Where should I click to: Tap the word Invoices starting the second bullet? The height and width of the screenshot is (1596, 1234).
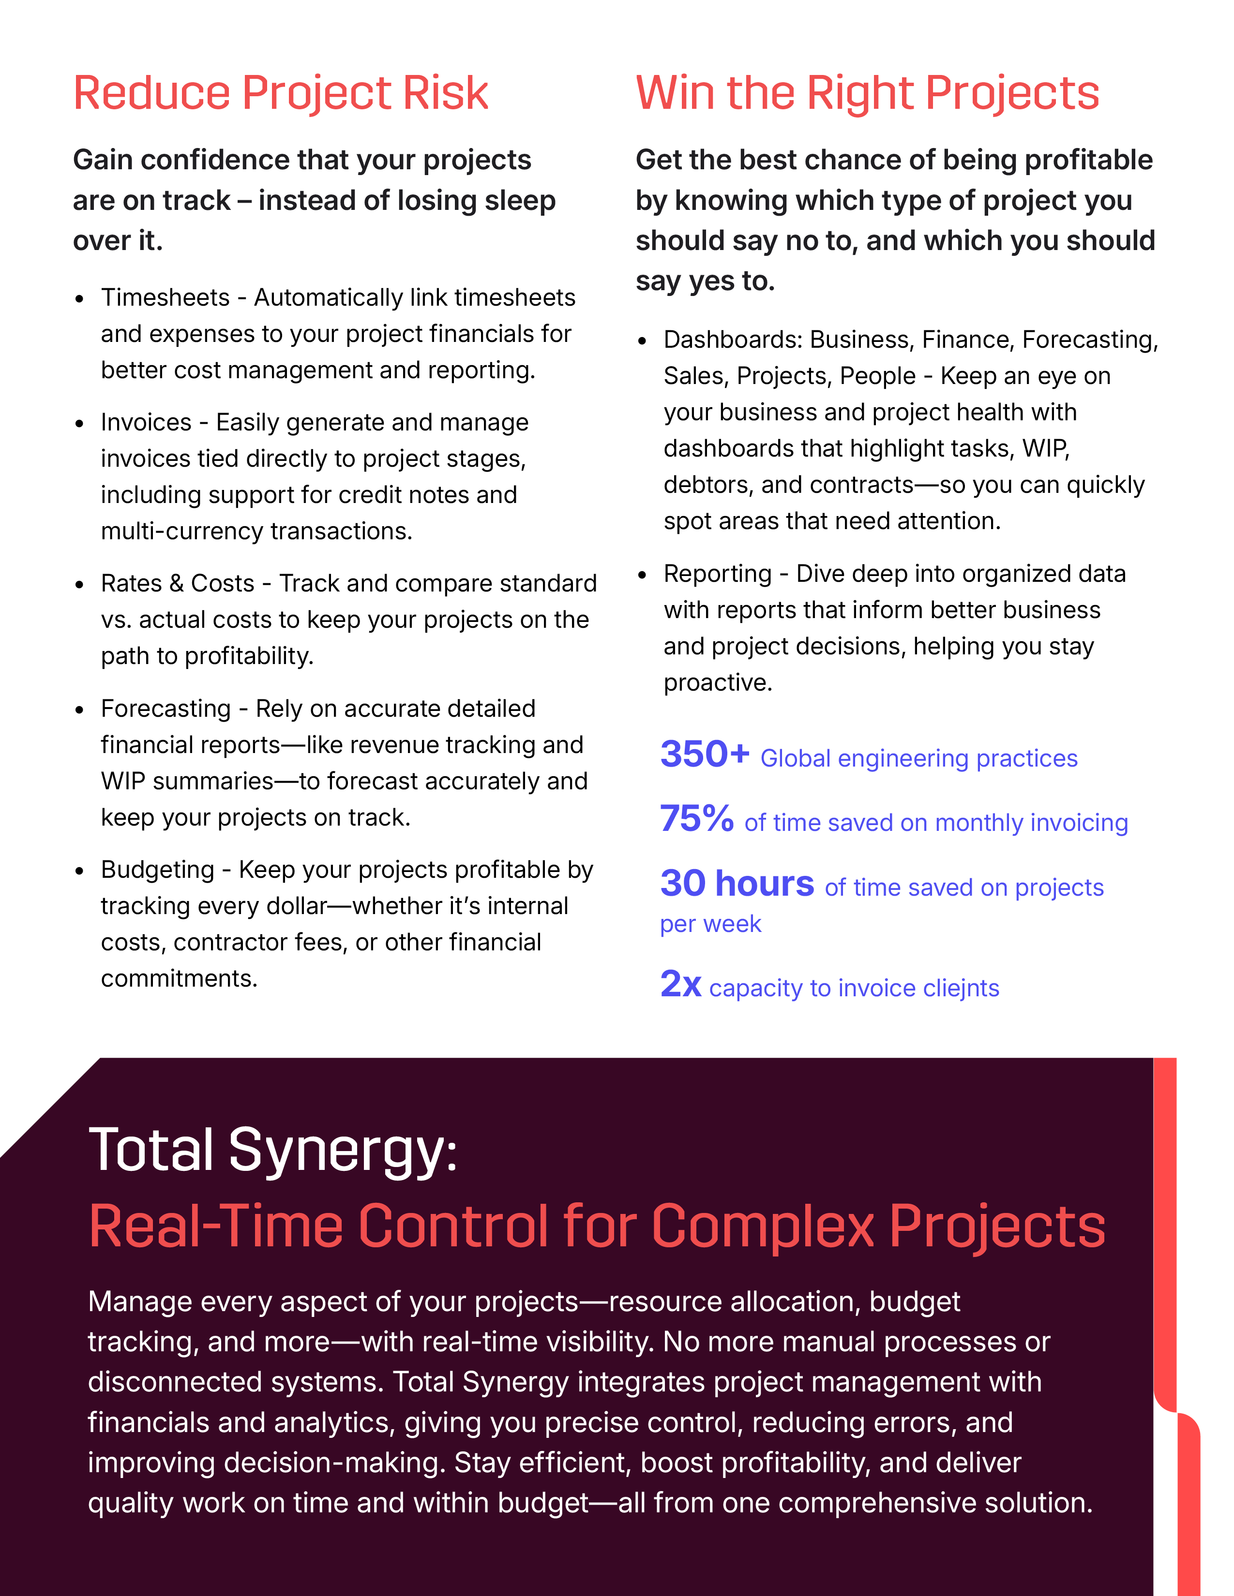coord(146,422)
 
